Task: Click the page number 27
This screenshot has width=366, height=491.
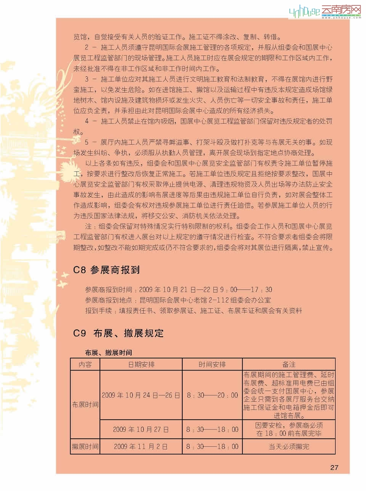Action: click(334, 467)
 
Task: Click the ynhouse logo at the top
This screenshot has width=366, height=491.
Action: click(324, 11)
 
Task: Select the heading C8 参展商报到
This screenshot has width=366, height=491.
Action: click(106, 270)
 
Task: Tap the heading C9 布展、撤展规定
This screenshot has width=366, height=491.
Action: click(118, 333)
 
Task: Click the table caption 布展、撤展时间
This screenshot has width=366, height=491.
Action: click(108, 353)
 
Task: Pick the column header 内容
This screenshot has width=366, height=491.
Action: click(85, 364)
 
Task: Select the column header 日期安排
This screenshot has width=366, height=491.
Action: click(141, 364)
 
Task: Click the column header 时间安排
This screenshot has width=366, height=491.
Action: click(212, 364)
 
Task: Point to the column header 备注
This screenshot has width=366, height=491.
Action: click(289, 364)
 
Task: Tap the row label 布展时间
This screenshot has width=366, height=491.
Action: click(85, 404)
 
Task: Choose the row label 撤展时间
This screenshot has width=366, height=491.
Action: click(85, 446)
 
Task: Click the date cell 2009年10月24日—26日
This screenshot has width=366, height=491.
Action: click(141, 395)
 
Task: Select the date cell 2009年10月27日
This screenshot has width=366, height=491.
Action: click(141, 429)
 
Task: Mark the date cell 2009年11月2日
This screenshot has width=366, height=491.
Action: click(141, 446)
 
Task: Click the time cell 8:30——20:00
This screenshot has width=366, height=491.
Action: click(212, 395)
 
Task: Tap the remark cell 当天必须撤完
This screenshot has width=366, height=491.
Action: click(289, 446)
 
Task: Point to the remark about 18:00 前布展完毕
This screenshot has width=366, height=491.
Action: click(289, 429)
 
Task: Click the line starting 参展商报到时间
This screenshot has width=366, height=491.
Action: click(178, 290)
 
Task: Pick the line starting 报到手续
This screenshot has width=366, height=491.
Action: click(193, 311)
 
